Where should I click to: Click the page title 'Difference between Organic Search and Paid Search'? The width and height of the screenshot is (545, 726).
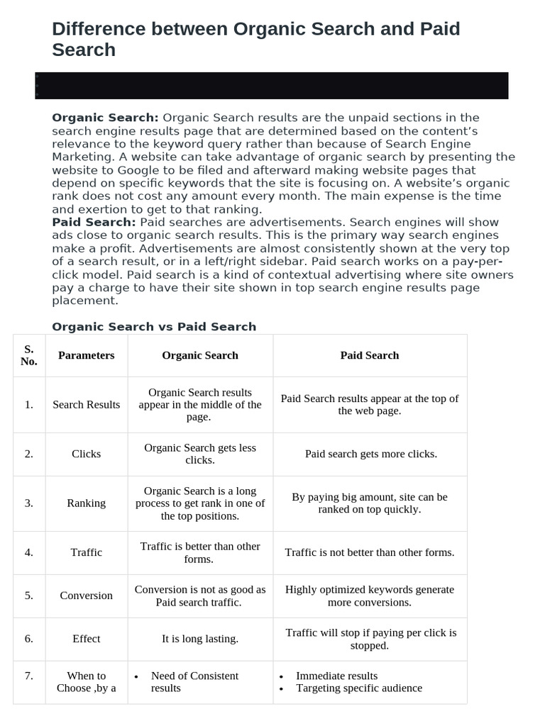[255, 39]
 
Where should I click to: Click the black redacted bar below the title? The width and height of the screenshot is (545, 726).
[271, 85]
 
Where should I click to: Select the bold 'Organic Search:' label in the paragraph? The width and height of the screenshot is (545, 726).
[105, 118]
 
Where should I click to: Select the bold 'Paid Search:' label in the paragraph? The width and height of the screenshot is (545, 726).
[94, 223]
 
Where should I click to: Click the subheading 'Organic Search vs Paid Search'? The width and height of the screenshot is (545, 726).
[154, 327]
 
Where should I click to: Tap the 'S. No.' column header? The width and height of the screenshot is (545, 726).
[29, 355]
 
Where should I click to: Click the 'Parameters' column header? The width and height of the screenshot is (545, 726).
[87, 355]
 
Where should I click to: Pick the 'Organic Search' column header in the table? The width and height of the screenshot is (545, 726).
[200, 355]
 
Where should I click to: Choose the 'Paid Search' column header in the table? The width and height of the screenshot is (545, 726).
[370, 355]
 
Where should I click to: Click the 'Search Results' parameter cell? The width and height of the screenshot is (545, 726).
[87, 405]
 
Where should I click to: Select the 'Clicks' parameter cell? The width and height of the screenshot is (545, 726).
[87, 454]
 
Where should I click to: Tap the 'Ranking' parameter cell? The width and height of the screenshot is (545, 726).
[87, 503]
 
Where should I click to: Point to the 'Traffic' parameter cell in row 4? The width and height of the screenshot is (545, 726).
[87, 552]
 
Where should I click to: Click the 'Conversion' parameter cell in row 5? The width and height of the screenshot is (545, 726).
[87, 596]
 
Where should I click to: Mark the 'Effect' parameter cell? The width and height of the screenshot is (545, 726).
[87, 639]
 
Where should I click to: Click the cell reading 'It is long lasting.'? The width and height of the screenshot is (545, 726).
[200, 639]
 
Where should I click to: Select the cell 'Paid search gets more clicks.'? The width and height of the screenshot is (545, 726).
[370, 454]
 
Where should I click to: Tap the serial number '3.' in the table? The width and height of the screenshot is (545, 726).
[29, 503]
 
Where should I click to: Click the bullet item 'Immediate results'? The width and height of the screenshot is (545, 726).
[336, 676]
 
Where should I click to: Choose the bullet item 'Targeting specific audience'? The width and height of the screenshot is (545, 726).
[358, 688]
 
